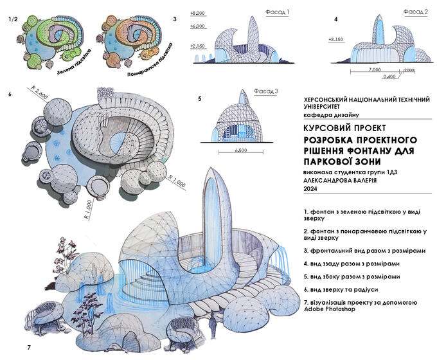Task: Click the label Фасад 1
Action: [x=278, y=12]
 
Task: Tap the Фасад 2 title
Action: [x=415, y=12]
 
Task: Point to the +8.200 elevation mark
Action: [x=198, y=13]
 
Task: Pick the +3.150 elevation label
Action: [x=337, y=40]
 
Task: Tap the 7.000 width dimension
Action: [x=376, y=69]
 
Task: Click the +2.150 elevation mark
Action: [x=198, y=47]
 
